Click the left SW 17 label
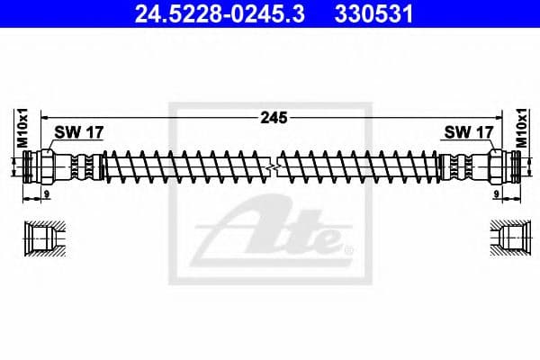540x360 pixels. coord(79,132)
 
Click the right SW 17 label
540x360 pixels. coord(468,132)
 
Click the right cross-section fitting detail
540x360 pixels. coord(508,238)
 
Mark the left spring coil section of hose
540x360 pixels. coord(184,166)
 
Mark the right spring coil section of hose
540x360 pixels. coord(360,166)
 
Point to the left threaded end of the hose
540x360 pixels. coord(32,166)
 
